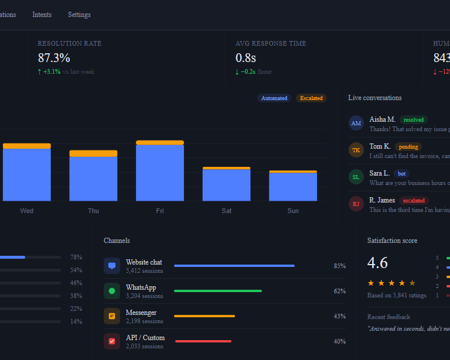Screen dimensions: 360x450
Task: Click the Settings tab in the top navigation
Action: click(79, 15)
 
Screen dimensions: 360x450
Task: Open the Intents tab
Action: click(42, 15)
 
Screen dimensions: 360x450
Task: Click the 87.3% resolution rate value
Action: click(54, 58)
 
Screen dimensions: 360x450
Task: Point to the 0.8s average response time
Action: click(246, 58)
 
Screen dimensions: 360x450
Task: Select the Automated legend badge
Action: click(274, 98)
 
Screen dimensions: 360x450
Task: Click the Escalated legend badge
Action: click(311, 98)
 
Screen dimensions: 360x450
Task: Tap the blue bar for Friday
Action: click(160, 173)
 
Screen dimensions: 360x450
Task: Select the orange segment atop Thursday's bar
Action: click(93, 153)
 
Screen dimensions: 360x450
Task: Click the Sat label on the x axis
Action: click(226, 211)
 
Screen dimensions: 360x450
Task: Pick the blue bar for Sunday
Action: click(293, 187)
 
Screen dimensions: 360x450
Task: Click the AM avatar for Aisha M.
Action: click(356, 124)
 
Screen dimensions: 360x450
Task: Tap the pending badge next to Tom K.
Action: click(408, 147)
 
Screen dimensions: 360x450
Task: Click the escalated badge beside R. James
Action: click(414, 201)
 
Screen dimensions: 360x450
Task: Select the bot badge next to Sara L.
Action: click(401, 174)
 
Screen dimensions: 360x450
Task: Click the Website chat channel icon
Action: click(112, 266)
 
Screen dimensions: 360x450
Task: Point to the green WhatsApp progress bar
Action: click(218, 291)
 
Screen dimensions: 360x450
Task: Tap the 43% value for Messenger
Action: click(339, 317)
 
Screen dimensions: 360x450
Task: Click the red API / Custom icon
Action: click(112, 341)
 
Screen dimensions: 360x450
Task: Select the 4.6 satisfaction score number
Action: click(377, 263)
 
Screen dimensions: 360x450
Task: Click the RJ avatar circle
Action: click(356, 204)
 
